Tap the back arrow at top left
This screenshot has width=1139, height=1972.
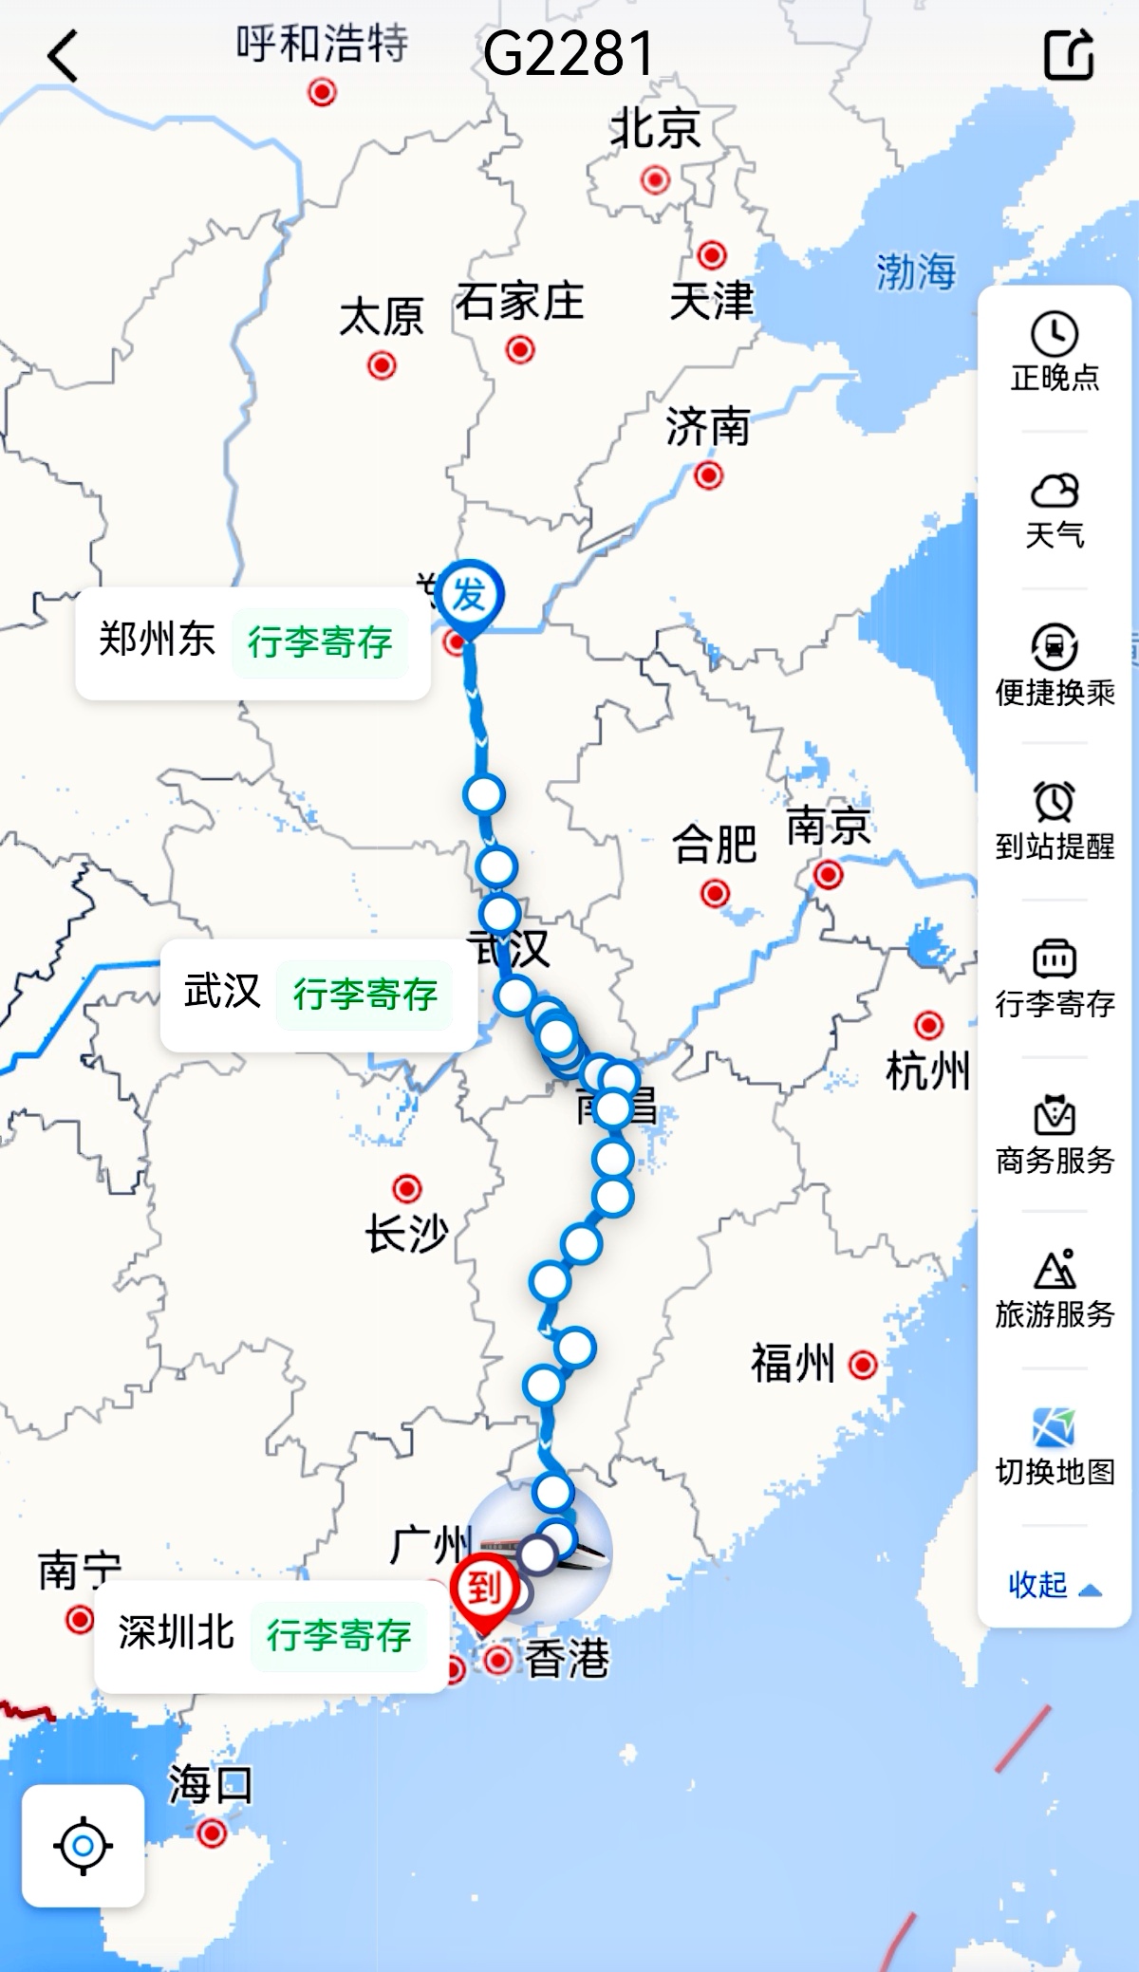[63, 56]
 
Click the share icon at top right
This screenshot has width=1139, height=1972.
[1069, 54]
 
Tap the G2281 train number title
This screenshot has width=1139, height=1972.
[568, 54]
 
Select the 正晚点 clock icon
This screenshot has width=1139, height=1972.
[1055, 335]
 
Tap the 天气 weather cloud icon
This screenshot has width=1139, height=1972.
[1055, 492]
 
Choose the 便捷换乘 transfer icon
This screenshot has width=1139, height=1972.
[1055, 648]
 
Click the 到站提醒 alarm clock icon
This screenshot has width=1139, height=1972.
[1055, 803]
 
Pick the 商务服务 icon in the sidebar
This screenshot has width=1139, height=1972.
[1055, 1116]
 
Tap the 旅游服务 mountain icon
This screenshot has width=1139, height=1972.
[1055, 1271]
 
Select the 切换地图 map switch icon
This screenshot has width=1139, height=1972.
[1055, 1428]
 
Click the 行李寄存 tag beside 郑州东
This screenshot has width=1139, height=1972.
[320, 642]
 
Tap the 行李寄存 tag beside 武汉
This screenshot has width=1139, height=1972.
[365, 995]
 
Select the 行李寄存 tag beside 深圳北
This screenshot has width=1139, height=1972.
[339, 1635]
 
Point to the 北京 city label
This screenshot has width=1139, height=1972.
[655, 129]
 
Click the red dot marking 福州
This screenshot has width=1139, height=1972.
[863, 1365]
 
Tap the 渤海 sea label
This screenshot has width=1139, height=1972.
[915, 272]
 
